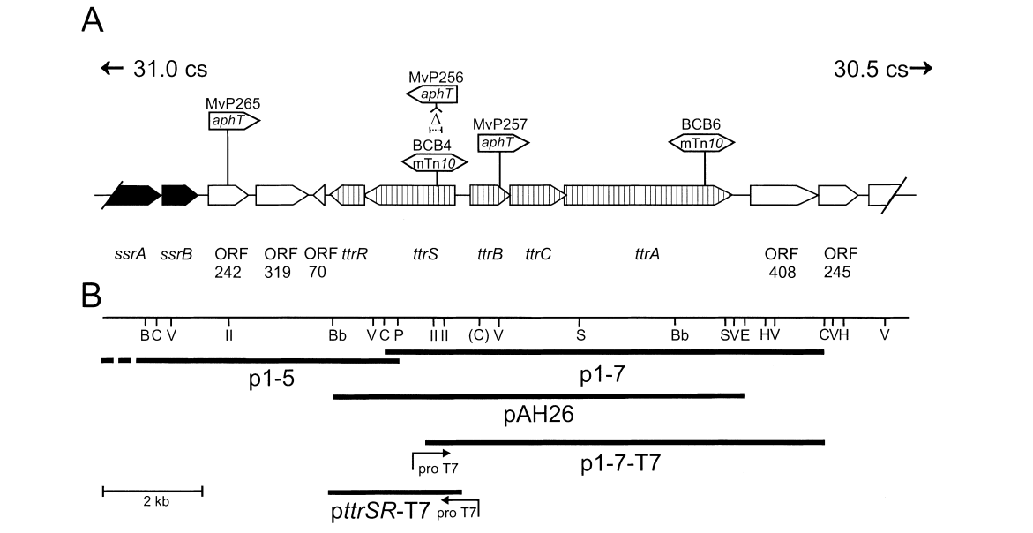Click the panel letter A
[93, 19]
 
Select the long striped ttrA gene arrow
[647, 195]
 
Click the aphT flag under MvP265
[234, 121]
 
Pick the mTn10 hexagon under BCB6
[702, 142]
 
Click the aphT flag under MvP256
[433, 94]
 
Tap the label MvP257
[499, 125]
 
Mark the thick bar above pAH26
[538, 396]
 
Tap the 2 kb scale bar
[153, 488]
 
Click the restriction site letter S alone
[580, 335]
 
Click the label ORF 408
[782, 263]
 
